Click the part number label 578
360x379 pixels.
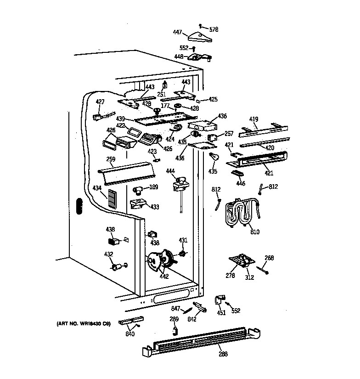point(214,29)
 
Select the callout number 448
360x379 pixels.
point(178,57)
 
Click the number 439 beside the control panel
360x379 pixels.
point(120,118)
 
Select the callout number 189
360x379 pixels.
point(154,187)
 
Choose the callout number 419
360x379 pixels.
point(253,119)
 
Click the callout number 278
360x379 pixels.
point(230,276)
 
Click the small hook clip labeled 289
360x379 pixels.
point(174,329)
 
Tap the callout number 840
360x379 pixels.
point(130,334)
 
